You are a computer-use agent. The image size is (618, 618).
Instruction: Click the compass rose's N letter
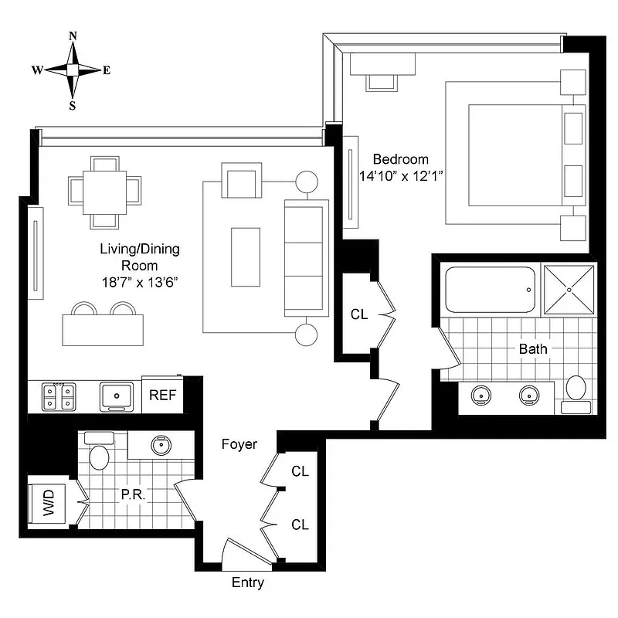(x=73, y=36)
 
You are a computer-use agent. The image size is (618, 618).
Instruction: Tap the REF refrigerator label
(x=163, y=395)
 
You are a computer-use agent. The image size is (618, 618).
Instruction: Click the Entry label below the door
(x=248, y=583)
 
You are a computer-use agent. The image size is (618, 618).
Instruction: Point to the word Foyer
(x=239, y=444)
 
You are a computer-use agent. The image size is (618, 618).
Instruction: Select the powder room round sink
(x=161, y=446)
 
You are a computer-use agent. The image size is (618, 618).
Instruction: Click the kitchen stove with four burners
(x=59, y=396)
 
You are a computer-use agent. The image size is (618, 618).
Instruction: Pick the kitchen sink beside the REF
(x=119, y=396)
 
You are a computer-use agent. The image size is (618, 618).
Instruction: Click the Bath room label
(x=532, y=349)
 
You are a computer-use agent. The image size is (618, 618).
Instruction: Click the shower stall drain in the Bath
(x=570, y=290)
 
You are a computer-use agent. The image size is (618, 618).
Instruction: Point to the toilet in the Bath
(x=576, y=392)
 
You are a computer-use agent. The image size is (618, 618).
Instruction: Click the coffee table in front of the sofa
(x=246, y=257)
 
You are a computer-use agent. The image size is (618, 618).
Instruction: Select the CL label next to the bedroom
(x=358, y=314)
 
